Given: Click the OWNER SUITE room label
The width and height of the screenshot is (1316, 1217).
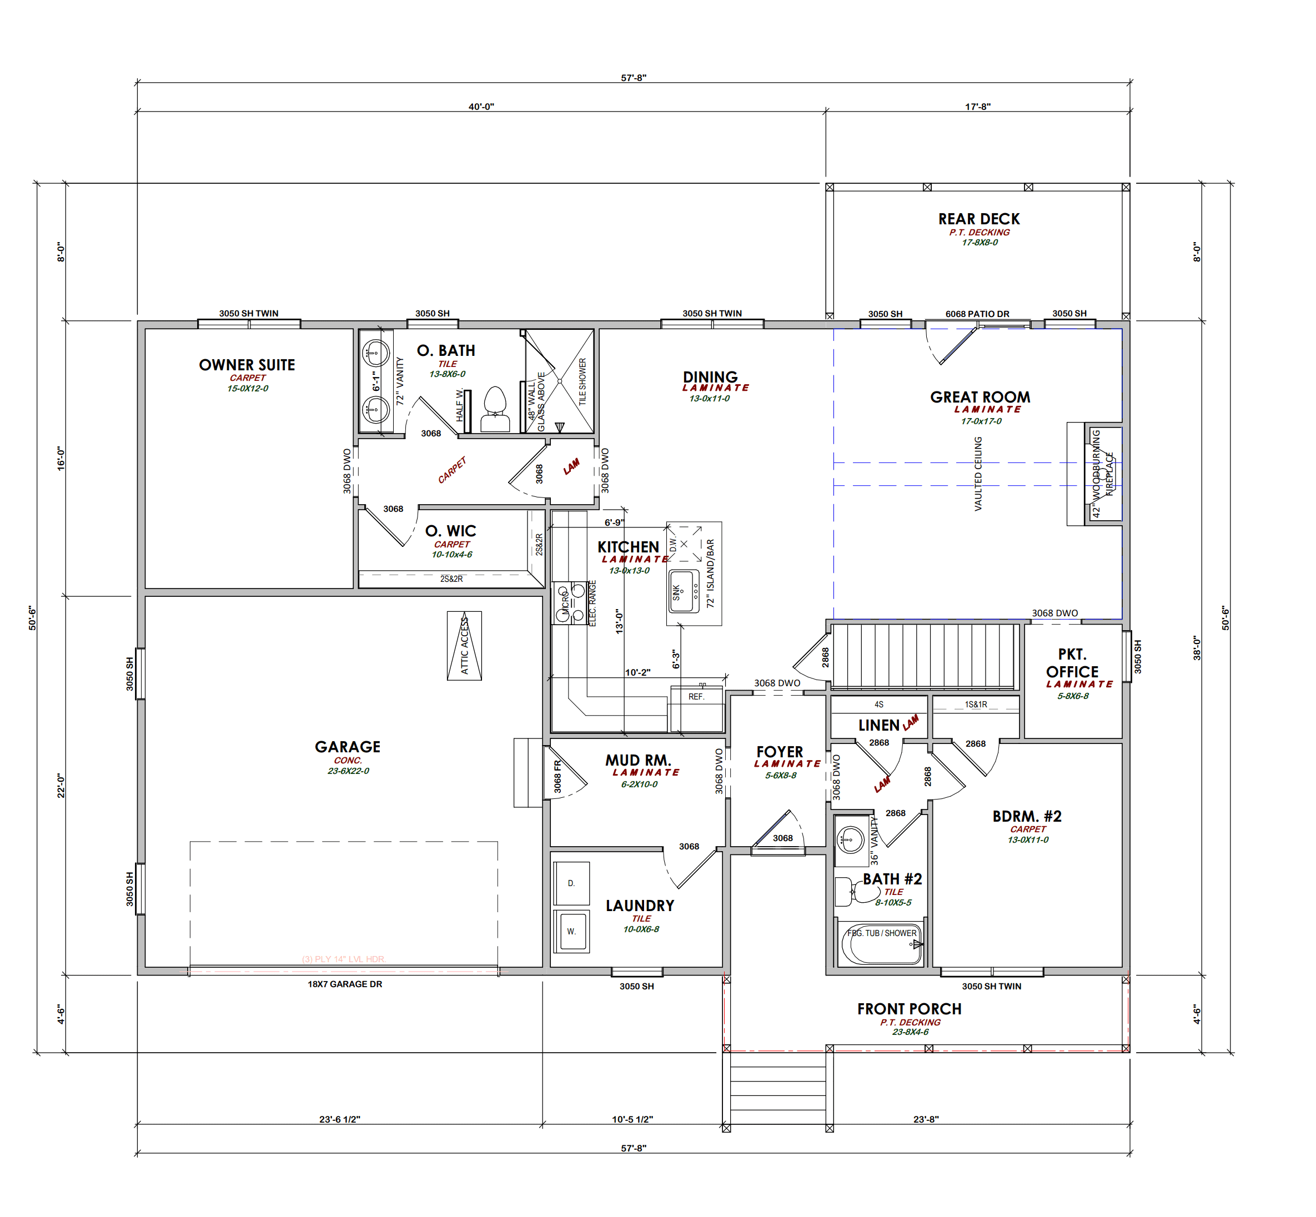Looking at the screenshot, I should pyautogui.click(x=247, y=364).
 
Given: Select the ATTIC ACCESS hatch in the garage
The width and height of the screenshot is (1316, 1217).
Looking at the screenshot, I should pyautogui.click(x=464, y=645).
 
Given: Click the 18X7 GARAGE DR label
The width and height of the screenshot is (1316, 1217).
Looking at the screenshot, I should pyautogui.click(x=344, y=984).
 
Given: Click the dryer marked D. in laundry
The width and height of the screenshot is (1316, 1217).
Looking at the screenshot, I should pyautogui.click(x=571, y=882).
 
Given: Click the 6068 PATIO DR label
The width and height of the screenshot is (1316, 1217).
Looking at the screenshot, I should pyautogui.click(x=977, y=314).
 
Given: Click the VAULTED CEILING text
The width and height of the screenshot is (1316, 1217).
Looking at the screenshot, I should pyautogui.click(x=978, y=474).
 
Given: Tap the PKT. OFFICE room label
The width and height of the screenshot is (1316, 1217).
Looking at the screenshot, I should pyautogui.click(x=1072, y=663).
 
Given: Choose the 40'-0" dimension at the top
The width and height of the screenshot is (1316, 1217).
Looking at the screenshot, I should pyautogui.click(x=481, y=106).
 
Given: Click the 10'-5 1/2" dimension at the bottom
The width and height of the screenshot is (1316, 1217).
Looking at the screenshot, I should pyautogui.click(x=632, y=1119).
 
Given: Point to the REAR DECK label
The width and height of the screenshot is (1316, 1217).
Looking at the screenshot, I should pyautogui.click(x=979, y=219).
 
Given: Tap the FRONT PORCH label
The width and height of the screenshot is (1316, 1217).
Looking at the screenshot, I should pyautogui.click(x=909, y=1008).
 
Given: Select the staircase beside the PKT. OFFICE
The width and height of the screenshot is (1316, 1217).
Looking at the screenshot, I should pyautogui.click(x=925, y=657).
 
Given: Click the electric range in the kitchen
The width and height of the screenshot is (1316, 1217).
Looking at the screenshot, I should pyautogui.click(x=570, y=602).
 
